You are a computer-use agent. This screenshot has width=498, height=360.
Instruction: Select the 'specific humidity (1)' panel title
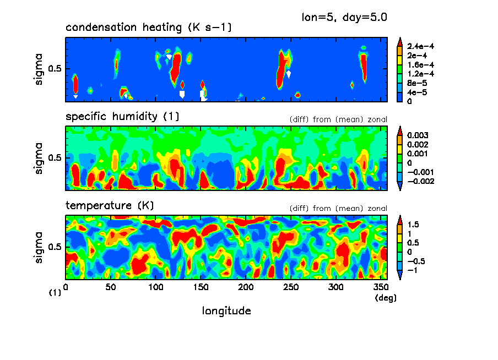(122, 117)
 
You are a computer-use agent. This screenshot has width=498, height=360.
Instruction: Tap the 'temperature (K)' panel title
(110, 206)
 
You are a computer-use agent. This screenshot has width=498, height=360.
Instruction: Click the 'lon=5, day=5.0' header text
(344, 17)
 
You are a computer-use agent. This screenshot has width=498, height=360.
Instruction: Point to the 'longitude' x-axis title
(226, 311)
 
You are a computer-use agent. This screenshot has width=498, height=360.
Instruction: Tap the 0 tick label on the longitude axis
(66, 287)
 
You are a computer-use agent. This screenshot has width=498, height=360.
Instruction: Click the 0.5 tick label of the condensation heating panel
(57, 69)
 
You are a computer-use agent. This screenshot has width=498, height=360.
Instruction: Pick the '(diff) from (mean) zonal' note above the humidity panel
(338, 119)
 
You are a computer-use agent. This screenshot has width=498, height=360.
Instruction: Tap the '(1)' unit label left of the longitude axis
(55, 293)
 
